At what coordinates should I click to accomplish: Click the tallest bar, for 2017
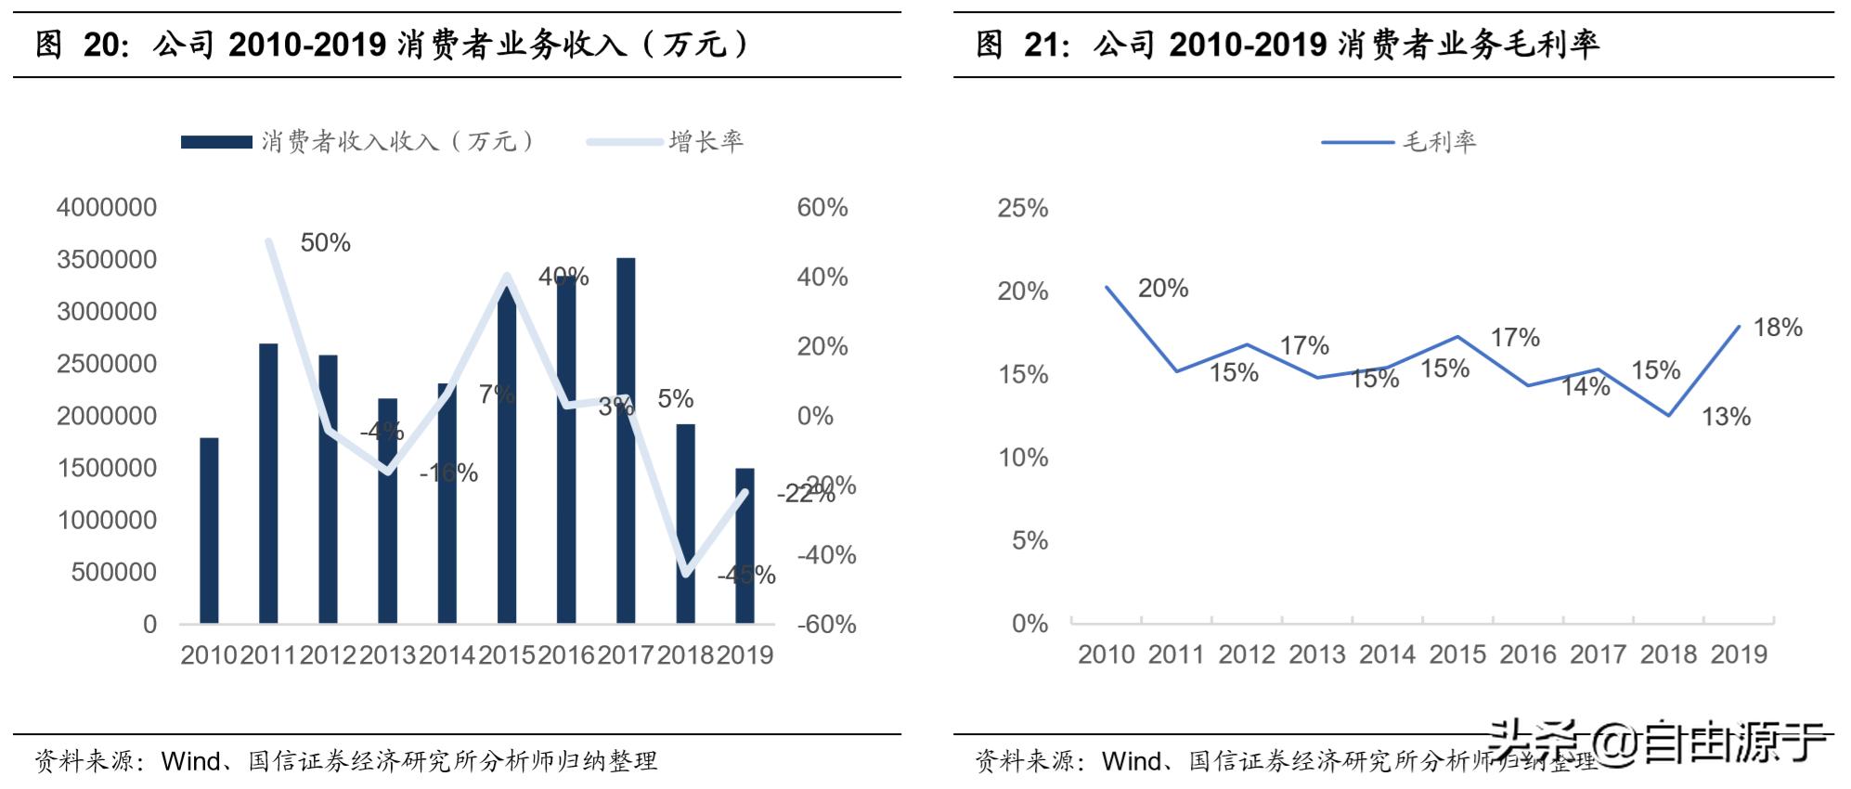(x=626, y=441)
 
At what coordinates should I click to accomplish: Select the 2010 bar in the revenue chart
(x=209, y=530)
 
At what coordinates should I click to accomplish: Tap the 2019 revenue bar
(x=744, y=546)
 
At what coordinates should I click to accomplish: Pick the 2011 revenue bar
(x=268, y=483)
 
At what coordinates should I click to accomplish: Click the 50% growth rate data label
(x=325, y=243)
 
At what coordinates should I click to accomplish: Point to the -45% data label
(x=746, y=576)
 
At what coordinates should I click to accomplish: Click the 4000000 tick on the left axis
(x=107, y=208)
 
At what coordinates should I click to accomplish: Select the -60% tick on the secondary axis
(x=826, y=625)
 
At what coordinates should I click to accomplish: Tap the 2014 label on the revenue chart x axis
(x=447, y=655)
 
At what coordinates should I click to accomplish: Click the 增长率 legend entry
(x=705, y=142)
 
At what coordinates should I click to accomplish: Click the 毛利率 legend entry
(x=1438, y=142)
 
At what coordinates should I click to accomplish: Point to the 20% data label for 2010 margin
(x=1163, y=289)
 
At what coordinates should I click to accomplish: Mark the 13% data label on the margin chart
(x=1726, y=418)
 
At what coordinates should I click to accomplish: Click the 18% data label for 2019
(x=1778, y=328)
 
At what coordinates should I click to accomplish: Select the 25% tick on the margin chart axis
(x=1023, y=208)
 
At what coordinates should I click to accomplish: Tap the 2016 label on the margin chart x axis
(x=1528, y=654)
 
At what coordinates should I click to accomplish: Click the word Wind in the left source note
(x=191, y=762)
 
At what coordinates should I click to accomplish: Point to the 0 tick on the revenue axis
(x=149, y=625)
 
